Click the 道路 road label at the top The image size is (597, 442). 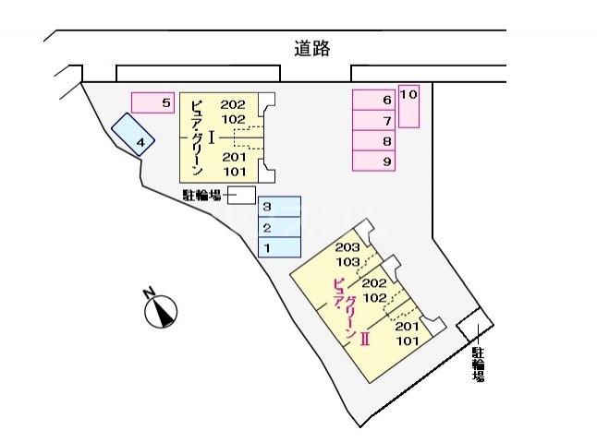click(313, 48)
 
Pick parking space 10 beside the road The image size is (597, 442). click(409, 106)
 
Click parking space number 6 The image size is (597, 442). click(375, 100)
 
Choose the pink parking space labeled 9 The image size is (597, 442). click(375, 161)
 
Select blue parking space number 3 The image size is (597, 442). click(279, 207)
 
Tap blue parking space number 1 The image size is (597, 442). click(279, 247)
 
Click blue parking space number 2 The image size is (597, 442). click(279, 227)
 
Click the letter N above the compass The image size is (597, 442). click(148, 293)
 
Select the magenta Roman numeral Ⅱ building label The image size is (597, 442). click(365, 339)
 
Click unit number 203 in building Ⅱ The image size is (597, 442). click(347, 247)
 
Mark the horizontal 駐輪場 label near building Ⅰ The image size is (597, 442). click(201, 195)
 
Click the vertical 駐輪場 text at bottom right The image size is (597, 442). click(478, 364)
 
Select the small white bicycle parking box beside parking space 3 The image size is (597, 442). click(241, 195)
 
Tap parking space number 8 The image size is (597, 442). click(375, 141)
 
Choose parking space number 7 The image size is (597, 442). click(375, 121)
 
